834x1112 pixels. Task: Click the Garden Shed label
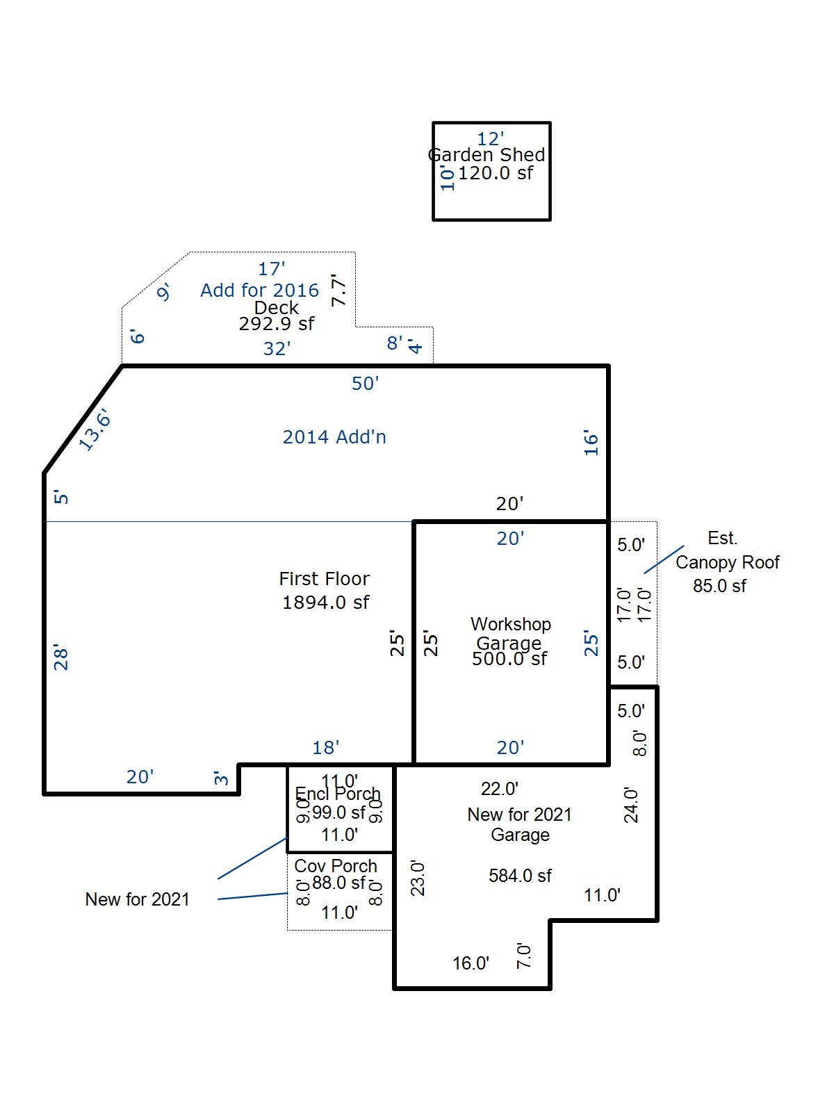(x=486, y=155)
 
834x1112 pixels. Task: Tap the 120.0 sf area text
(x=495, y=173)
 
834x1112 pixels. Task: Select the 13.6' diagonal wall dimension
(x=95, y=431)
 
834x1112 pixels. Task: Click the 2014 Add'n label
(x=334, y=437)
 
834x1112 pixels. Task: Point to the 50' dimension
(x=365, y=384)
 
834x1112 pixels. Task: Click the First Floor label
(x=325, y=579)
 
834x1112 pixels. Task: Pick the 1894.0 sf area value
(x=325, y=603)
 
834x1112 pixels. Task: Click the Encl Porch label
(x=338, y=794)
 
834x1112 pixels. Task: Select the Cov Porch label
(x=336, y=866)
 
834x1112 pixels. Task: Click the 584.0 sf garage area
(x=520, y=876)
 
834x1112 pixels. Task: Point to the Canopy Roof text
(x=727, y=562)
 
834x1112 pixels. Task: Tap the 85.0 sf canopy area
(x=719, y=586)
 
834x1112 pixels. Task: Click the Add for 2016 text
(x=259, y=291)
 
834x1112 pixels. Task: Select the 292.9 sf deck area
(x=276, y=324)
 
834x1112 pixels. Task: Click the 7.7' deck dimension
(x=338, y=291)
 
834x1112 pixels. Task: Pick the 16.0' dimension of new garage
(x=471, y=963)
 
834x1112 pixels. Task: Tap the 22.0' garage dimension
(x=500, y=789)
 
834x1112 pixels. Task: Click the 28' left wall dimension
(x=61, y=658)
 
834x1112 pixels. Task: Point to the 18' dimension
(x=325, y=748)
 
